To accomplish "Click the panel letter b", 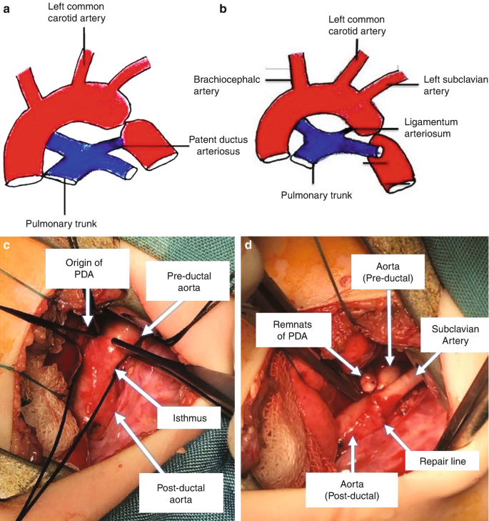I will click(223, 10).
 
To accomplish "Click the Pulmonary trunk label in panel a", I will click(61, 224).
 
